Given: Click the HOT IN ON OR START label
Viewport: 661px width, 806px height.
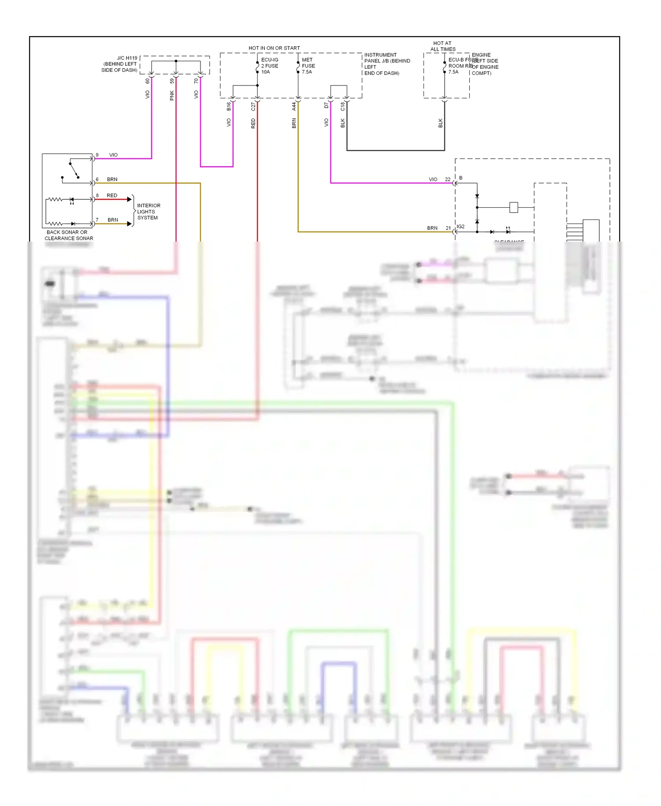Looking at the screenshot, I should click(274, 48).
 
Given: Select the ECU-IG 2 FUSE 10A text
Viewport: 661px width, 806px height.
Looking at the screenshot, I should click(270, 66).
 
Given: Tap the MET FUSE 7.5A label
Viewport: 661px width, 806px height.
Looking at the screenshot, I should click(308, 66).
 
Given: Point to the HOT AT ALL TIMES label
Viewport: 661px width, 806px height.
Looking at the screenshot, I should click(442, 46).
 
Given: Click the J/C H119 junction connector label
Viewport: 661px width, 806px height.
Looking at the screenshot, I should click(119, 64).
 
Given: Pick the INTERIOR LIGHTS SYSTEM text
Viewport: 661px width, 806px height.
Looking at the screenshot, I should click(149, 212).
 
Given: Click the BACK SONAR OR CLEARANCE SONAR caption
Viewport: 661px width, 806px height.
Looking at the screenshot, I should click(68, 235).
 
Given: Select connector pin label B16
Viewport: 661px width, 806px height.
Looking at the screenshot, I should click(229, 106).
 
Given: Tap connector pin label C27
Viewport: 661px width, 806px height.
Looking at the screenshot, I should click(253, 106).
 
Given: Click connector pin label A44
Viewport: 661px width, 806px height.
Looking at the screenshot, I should click(294, 106).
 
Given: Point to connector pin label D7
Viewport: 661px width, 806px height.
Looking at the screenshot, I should click(327, 105).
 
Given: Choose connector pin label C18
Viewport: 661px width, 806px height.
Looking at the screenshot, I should click(343, 106).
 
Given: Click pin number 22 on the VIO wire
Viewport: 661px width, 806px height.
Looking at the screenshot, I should click(448, 179).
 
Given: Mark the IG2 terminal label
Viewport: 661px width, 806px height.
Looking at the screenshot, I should click(460, 227).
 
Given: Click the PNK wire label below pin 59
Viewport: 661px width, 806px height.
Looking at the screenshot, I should click(172, 95).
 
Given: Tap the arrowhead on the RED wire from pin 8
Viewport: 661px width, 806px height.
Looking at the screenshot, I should click(130, 199).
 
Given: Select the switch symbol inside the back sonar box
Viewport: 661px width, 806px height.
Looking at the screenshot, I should click(74, 171).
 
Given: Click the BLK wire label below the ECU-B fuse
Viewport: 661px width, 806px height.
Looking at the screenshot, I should click(440, 123).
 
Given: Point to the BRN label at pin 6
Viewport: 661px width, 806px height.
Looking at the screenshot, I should click(112, 179).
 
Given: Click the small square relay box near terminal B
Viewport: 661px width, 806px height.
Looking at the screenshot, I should click(513, 207).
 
